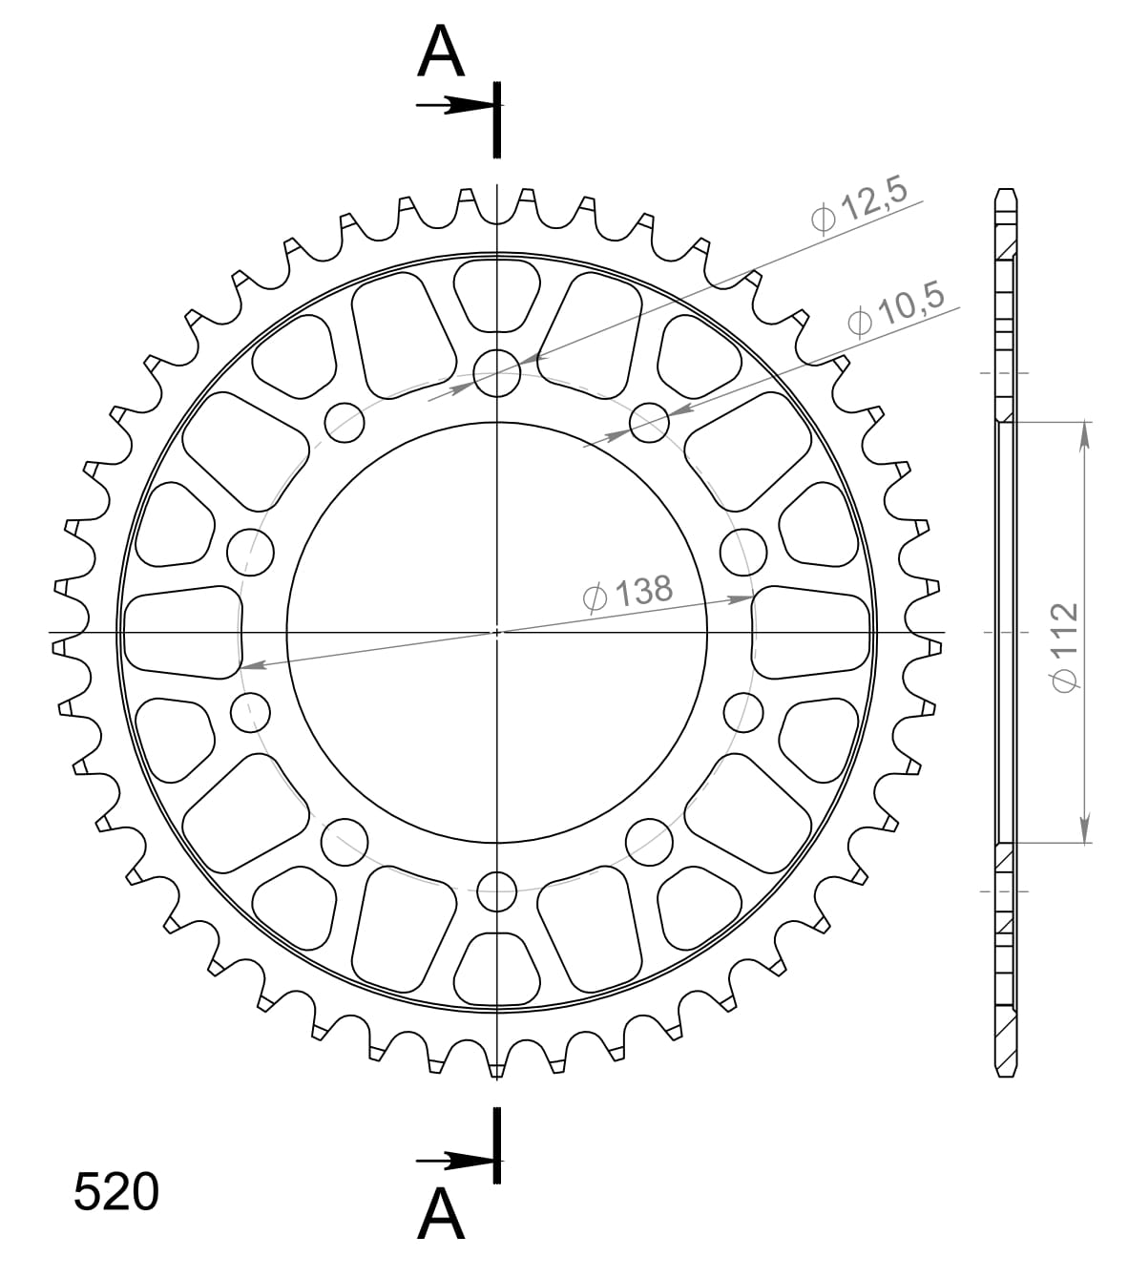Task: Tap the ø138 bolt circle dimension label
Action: [627, 593]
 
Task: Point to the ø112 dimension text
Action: [1061, 645]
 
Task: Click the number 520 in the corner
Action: [115, 1192]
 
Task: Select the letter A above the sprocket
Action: [440, 52]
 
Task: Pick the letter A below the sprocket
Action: [440, 1215]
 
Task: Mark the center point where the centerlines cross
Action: [496, 632]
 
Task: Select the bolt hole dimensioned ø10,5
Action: [650, 421]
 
